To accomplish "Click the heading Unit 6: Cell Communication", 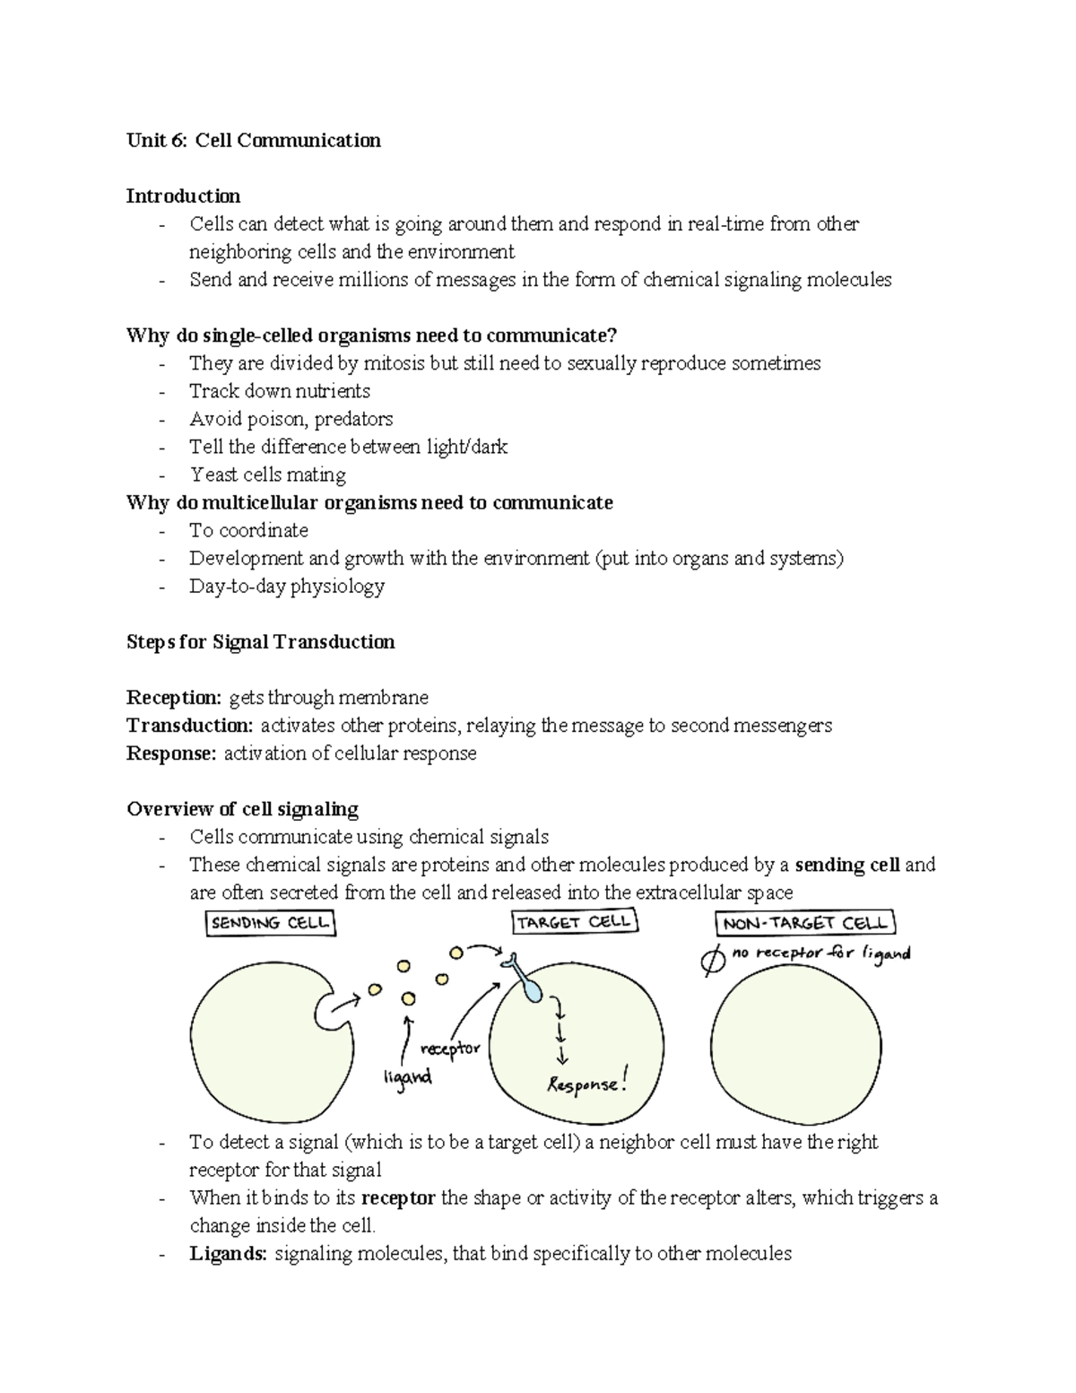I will (254, 140).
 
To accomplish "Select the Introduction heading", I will (183, 196).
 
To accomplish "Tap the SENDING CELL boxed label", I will (270, 923).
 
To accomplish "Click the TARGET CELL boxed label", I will (574, 922).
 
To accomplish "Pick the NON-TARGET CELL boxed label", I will (805, 923).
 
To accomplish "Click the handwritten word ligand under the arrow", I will (407, 1076).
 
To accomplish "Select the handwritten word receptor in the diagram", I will (450, 1049).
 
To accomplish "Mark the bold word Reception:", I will (174, 697).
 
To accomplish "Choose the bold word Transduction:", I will (190, 725).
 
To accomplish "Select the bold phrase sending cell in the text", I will (847, 865).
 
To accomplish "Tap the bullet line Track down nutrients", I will (279, 391).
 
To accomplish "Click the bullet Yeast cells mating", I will (267, 474).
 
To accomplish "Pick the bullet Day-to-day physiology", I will (286, 586).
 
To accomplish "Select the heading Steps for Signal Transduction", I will (260, 641).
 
